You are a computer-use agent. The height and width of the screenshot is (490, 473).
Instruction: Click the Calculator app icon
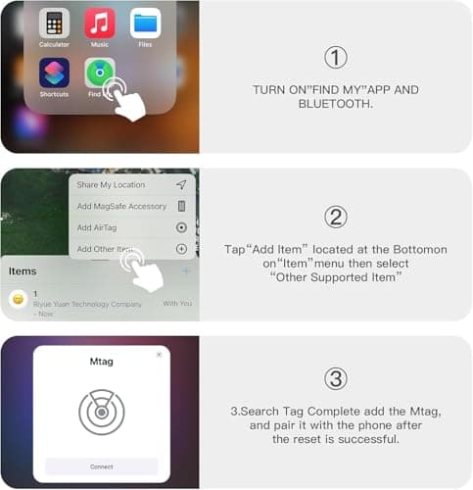click(x=54, y=22)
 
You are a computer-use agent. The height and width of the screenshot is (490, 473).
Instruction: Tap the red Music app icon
click(x=99, y=22)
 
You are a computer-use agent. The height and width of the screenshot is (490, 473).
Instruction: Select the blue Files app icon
click(x=145, y=22)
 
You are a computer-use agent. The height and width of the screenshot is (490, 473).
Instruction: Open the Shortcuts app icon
click(x=54, y=73)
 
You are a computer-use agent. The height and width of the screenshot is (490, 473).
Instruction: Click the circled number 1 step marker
click(x=336, y=57)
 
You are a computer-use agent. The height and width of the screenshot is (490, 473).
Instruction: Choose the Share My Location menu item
click(x=111, y=184)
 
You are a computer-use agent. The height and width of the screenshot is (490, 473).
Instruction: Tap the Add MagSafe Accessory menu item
click(x=121, y=206)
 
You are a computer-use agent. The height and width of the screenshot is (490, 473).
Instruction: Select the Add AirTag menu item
click(x=97, y=227)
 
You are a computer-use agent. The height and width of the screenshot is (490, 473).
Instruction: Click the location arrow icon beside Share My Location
click(x=181, y=184)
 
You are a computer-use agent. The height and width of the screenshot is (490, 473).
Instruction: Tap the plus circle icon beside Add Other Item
click(x=181, y=249)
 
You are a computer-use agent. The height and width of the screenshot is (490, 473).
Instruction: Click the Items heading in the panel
click(x=24, y=269)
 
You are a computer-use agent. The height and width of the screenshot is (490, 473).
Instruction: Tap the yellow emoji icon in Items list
click(x=18, y=299)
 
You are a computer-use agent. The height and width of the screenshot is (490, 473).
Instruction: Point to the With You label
click(x=176, y=303)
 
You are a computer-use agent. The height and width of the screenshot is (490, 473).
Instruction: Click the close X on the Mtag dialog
click(x=160, y=355)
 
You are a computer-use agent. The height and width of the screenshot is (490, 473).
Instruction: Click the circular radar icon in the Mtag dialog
click(x=102, y=412)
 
